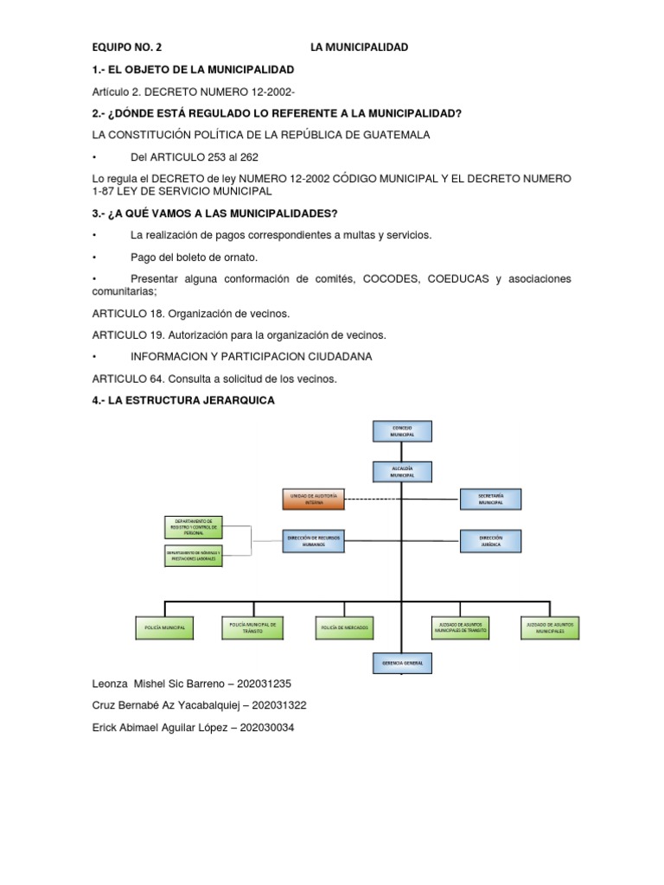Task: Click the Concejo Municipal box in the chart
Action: tap(402, 431)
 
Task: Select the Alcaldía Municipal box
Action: tap(402, 472)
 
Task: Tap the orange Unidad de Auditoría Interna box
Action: tap(314, 499)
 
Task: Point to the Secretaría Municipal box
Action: tap(490, 499)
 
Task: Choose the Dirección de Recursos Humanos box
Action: tap(314, 540)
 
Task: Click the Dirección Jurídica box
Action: tap(490, 540)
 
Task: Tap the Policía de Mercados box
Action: tap(342, 627)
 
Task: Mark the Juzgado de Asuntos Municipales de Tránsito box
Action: tap(461, 627)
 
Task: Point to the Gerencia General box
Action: tap(402, 663)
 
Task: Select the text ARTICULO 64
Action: tap(127, 379)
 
